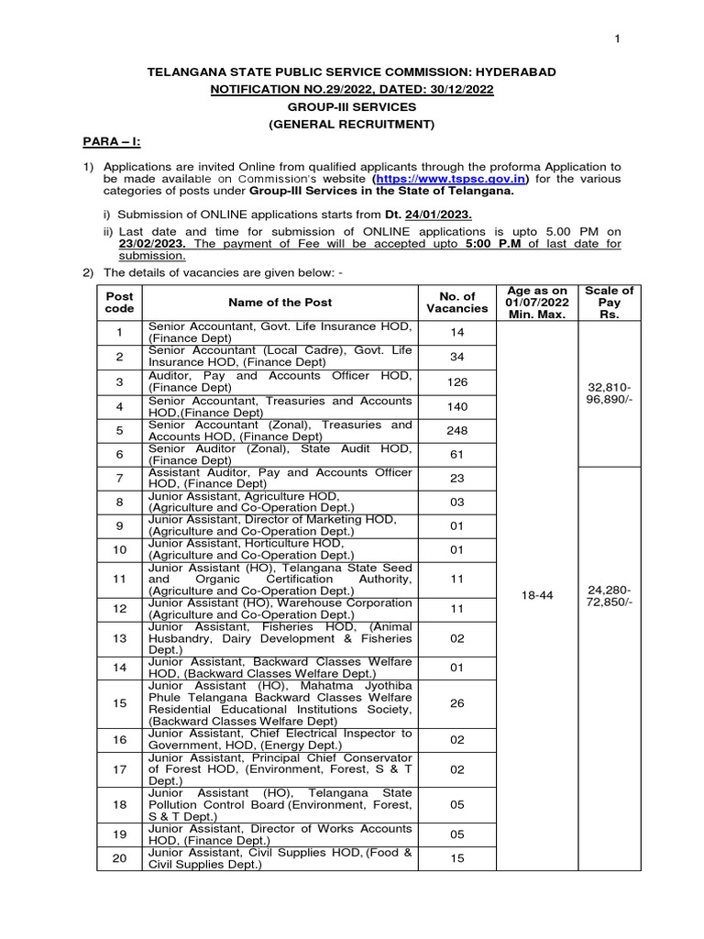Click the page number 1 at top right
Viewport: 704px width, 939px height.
point(617,38)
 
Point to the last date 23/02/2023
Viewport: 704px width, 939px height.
point(151,244)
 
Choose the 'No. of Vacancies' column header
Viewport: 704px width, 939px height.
point(457,302)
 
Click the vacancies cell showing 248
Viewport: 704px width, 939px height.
point(457,430)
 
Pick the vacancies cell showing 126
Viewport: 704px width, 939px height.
point(457,381)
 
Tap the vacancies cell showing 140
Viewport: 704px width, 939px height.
point(457,405)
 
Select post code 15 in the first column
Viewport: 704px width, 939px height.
point(119,702)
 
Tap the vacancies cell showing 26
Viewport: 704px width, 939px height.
point(457,702)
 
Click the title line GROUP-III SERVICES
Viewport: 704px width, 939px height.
point(351,105)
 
